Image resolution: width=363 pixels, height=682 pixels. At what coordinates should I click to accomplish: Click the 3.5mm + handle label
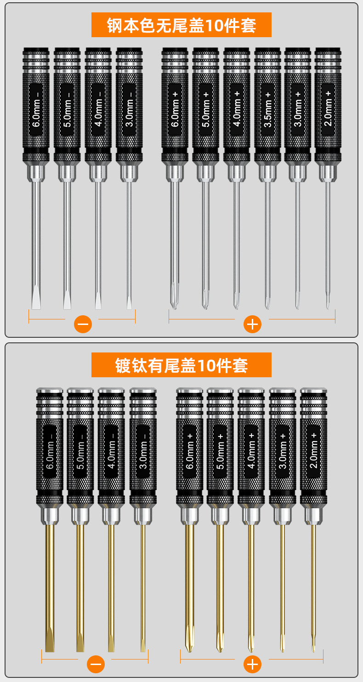[267, 109]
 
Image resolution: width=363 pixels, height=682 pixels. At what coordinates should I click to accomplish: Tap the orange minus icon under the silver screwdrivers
[83, 324]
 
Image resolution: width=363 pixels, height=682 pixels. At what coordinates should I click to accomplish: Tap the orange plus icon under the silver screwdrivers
[252, 324]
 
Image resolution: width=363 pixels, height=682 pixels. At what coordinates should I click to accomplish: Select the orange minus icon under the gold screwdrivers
[96, 664]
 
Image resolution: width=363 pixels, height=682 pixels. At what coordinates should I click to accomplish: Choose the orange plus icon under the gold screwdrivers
[252, 664]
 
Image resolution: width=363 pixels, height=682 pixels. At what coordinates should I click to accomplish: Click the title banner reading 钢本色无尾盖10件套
[181, 25]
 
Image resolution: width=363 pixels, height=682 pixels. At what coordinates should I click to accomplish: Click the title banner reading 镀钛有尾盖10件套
[181, 365]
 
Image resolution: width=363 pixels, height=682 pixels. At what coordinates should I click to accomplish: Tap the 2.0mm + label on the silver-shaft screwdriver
[328, 109]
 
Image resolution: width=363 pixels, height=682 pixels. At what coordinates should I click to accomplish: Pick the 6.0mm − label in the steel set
[36, 109]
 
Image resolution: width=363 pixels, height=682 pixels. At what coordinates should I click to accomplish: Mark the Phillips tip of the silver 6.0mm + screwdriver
[175, 296]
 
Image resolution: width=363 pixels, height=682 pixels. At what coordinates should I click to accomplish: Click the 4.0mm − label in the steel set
[98, 109]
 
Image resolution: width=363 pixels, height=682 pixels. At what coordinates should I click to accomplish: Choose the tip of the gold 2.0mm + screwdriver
[313, 645]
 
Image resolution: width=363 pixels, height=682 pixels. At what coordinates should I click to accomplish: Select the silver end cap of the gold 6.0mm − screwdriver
[50, 390]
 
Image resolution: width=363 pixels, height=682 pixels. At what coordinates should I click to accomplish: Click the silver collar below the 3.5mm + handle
[267, 173]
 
